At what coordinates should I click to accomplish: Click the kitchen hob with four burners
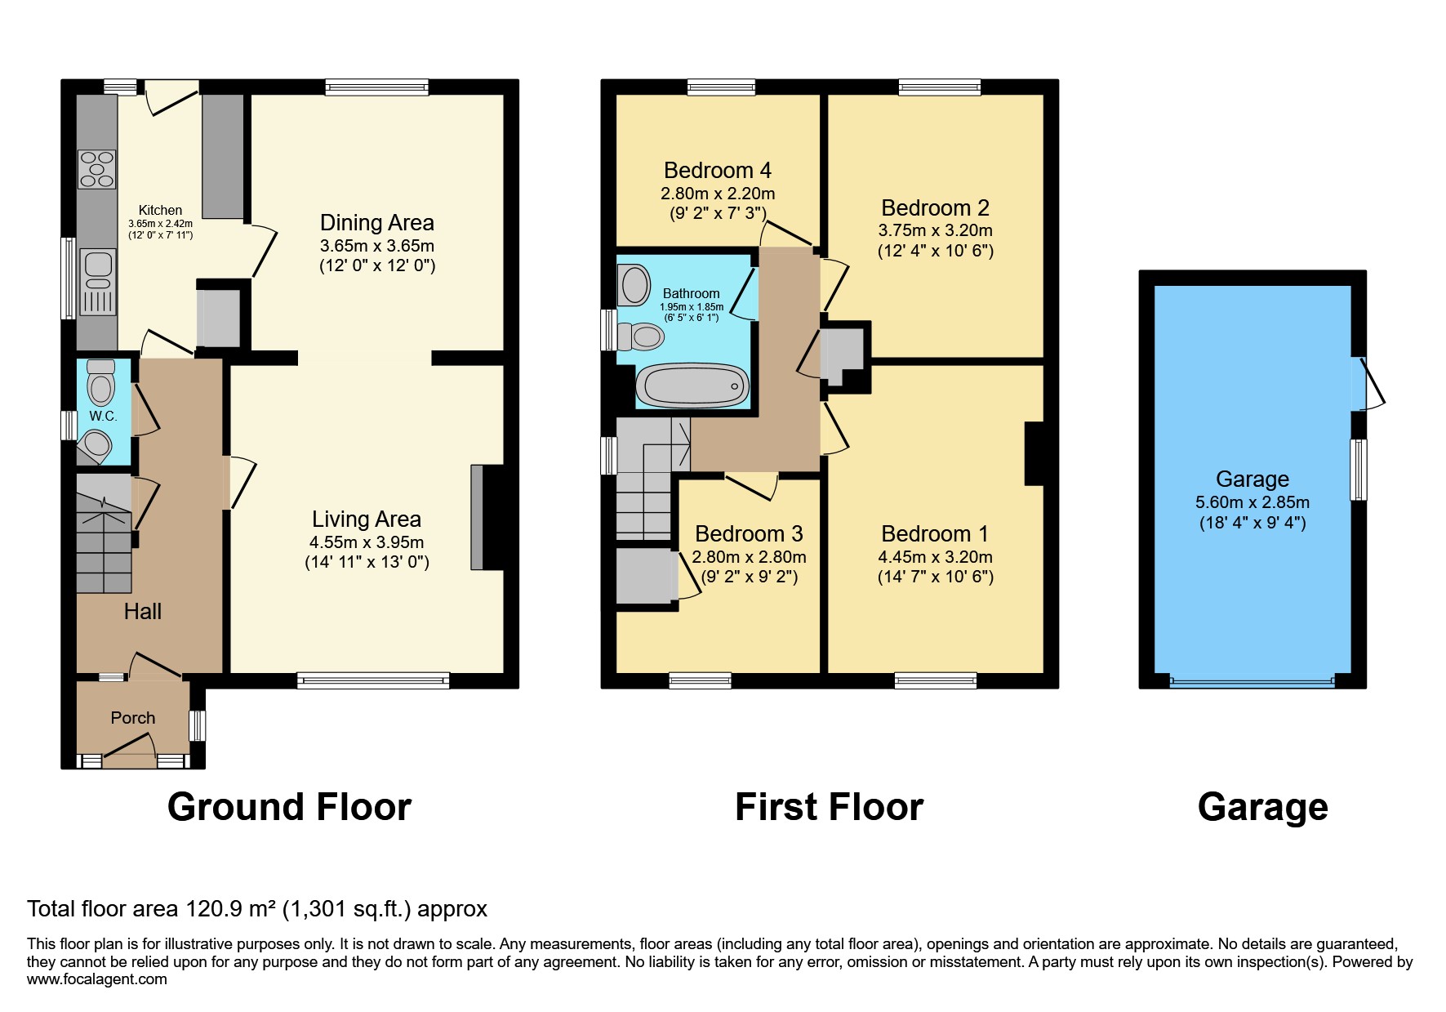(x=96, y=169)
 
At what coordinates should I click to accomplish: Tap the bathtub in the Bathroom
(x=692, y=386)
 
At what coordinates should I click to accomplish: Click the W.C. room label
(x=103, y=416)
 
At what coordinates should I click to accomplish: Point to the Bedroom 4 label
(x=717, y=171)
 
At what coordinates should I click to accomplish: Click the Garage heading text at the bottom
(x=1262, y=807)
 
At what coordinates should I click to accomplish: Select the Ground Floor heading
(x=289, y=807)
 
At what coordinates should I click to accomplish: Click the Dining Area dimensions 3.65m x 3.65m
(x=376, y=246)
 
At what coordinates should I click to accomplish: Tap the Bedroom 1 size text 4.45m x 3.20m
(x=935, y=557)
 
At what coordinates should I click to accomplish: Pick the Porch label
(x=132, y=718)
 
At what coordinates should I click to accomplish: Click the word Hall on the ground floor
(x=142, y=611)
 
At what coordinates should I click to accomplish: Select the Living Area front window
(x=373, y=680)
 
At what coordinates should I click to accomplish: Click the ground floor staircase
(x=104, y=535)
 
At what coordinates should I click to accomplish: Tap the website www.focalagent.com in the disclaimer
(x=96, y=979)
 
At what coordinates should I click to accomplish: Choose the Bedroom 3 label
(x=749, y=534)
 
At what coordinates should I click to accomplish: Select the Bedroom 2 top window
(x=939, y=87)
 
